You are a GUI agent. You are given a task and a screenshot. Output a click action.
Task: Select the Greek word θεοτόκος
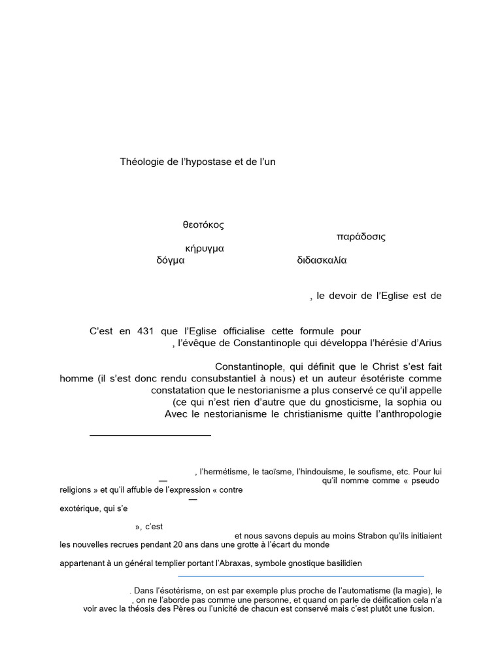click(x=203, y=224)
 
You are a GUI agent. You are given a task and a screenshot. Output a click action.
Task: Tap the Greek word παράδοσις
click(x=361, y=237)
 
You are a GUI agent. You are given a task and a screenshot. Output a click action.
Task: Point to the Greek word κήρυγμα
click(x=205, y=249)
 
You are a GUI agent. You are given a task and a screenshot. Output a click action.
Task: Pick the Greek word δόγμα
click(x=171, y=260)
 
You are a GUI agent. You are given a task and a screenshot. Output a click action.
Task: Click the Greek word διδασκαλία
click(x=322, y=260)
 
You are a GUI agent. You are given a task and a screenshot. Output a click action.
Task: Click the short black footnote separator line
click(x=150, y=434)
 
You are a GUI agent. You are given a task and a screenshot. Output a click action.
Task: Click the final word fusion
click(x=420, y=608)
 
